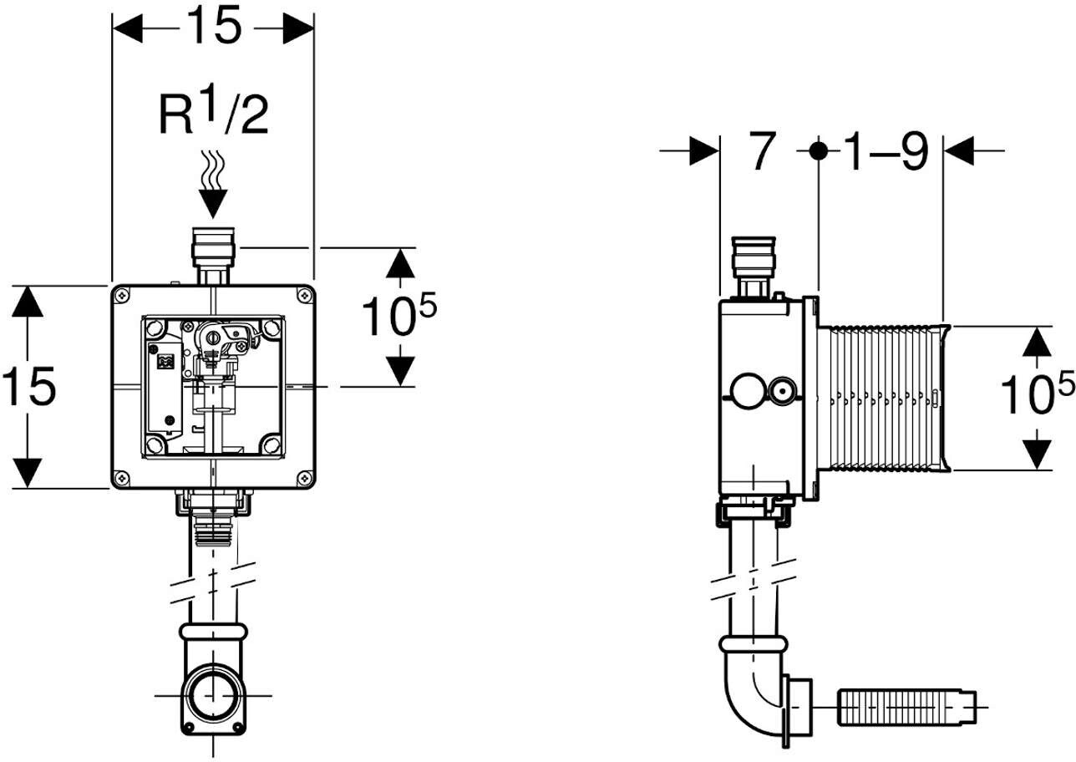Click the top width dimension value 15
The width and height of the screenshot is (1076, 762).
tap(214, 27)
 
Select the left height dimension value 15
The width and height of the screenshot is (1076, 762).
tap(28, 386)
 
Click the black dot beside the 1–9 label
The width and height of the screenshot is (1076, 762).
tap(818, 151)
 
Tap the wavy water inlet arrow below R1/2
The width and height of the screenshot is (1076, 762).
tap(213, 184)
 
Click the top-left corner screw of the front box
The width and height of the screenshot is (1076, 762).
tap(122, 296)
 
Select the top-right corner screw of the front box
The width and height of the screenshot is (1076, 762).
tap(305, 295)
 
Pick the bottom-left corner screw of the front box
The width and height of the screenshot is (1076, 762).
tap(122, 478)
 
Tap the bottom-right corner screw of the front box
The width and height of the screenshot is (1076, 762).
tap(305, 477)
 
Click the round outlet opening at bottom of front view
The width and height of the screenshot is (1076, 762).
tap(213, 695)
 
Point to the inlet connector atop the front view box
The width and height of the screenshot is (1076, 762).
tap(213, 256)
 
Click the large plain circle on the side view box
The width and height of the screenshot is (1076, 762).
tap(746, 391)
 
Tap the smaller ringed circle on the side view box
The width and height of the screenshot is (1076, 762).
tap(783, 391)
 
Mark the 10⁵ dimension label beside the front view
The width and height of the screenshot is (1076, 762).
tap(399, 314)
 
